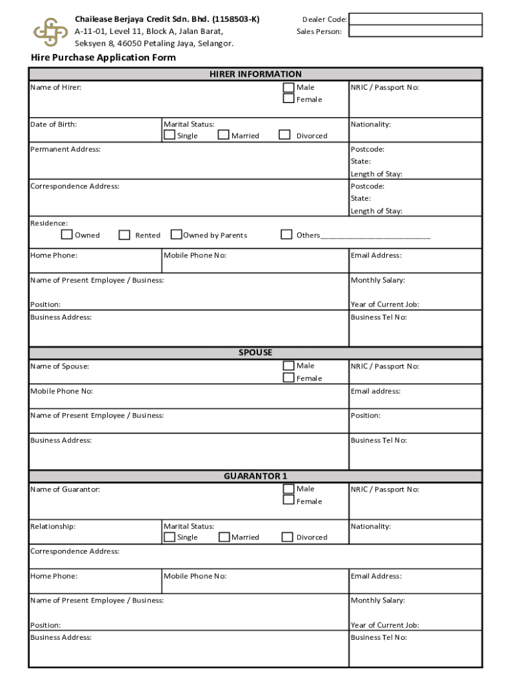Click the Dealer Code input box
point(416,19)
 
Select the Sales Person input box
point(416,31)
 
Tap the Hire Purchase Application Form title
point(103,58)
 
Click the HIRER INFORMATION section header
point(255,74)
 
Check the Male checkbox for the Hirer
point(289,87)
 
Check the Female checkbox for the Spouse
point(289,378)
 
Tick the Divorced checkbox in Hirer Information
point(285,135)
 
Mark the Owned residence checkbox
point(66,235)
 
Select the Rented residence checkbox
point(124,235)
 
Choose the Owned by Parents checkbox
point(176,235)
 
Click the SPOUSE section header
point(255,352)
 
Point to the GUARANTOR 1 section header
point(255,476)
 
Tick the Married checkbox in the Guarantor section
point(224,537)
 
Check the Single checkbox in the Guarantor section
point(170,537)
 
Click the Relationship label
point(53,526)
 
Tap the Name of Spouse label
point(59,366)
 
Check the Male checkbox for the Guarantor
point(289,489)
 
